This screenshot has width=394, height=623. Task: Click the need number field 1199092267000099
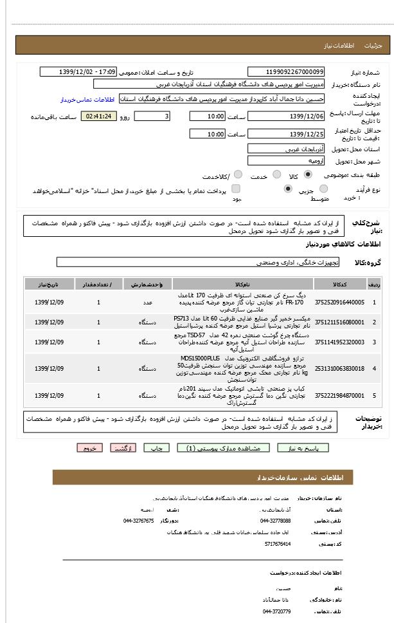tap(286, 72)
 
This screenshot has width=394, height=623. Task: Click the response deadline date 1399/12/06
tap(286, 116)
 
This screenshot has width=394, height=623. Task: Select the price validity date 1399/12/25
tap(286, 134)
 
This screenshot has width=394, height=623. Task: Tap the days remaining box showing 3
tap(152, 116)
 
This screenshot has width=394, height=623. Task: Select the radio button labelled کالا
tap(308, 174)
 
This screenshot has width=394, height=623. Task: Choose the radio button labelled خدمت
tap(276, 174)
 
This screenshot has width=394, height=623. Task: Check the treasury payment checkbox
tap(236, 189)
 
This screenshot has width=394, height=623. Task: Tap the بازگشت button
tap(122, 448)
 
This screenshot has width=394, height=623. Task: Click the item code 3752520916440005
tap(341, 301)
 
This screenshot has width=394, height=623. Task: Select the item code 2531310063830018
tap(341, 369)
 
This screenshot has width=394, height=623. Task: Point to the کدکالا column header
tap(341, 284)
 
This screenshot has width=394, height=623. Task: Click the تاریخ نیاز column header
tap(49, 284)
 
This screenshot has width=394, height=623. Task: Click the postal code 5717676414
tap(278, 544)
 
